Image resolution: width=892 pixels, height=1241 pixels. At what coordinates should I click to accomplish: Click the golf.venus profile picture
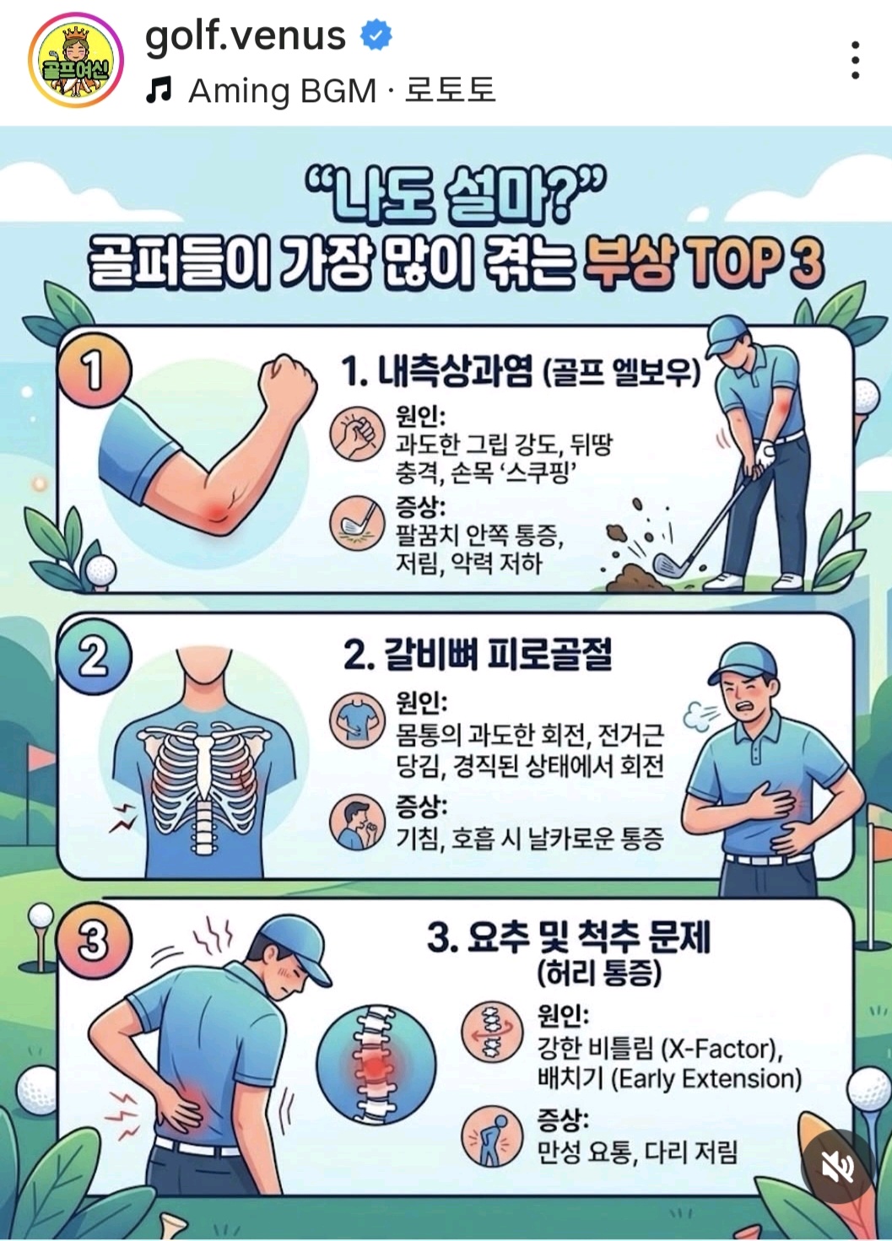[x=77, y=61]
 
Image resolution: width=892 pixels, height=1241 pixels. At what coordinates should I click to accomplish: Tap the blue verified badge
[x=376, y=35]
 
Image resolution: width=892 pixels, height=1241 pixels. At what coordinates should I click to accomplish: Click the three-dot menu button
[x=856, y=60]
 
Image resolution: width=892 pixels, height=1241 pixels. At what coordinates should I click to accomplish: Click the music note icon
[x=159, y=90]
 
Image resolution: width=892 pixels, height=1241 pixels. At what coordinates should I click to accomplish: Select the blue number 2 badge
[x=94, y=657]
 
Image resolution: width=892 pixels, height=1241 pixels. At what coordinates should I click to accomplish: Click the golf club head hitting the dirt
[x=667, y=565]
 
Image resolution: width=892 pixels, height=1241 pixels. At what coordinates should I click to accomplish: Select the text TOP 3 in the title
[x=754, y=263]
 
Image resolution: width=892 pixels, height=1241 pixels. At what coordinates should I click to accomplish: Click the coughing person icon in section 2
[x=357, y=823]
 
